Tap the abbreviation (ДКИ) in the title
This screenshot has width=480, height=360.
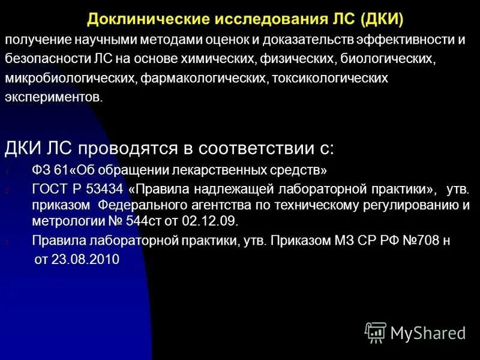382,19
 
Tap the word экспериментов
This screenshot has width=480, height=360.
53,98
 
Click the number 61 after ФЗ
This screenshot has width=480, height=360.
64,170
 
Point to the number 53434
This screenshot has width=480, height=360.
105,189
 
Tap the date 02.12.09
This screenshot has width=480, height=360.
214,221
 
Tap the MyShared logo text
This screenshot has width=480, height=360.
428,332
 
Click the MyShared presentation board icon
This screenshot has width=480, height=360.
376,332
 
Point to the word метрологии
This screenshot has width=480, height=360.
63,221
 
